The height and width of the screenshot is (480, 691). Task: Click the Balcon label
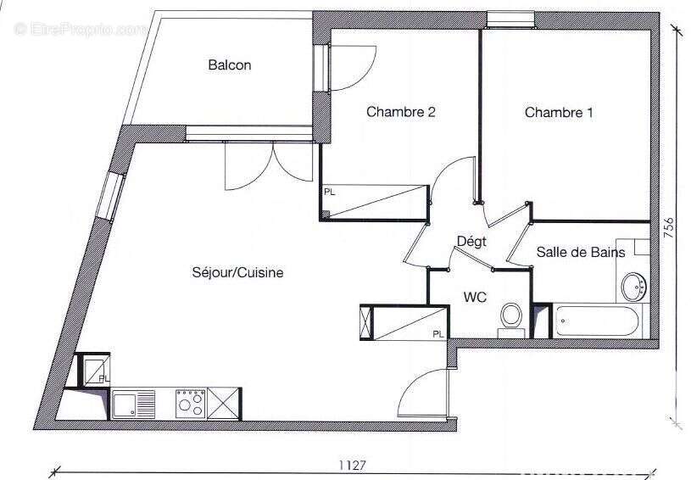229,65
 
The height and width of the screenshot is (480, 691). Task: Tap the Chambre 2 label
400,112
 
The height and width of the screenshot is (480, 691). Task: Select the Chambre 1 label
558,113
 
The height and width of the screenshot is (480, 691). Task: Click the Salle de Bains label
581,252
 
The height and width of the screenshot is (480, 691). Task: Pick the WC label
474,298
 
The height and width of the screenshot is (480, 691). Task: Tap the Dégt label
471,242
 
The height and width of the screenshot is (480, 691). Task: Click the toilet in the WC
510,316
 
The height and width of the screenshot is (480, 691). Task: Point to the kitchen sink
134,403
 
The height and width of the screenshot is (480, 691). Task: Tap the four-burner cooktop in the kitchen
190,403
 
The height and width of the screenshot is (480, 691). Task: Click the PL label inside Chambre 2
329,193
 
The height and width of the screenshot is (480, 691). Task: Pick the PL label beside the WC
438,334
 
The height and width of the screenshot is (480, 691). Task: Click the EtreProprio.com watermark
81,29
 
